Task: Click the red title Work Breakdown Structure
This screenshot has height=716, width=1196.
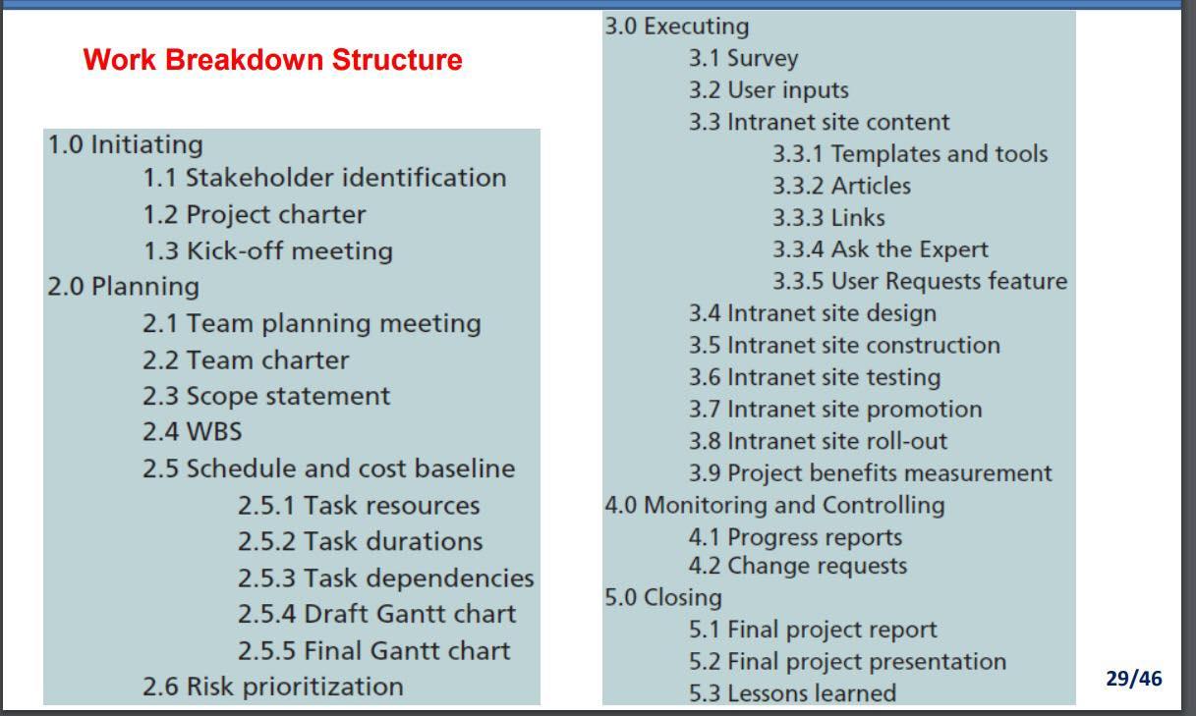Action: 272,60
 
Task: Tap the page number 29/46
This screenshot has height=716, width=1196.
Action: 1133,679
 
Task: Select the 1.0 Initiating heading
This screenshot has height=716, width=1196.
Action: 126,144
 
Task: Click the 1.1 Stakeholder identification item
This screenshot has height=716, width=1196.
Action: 324,178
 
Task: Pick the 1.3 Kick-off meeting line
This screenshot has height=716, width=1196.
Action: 267,250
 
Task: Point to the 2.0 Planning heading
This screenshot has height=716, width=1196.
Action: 123,287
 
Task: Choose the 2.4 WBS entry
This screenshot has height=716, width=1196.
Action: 192,431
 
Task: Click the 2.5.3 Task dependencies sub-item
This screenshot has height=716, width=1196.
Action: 385,578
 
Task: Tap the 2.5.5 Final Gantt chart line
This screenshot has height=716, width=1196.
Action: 373,650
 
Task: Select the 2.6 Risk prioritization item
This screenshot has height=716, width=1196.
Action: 272,686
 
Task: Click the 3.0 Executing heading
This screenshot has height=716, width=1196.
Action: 676,27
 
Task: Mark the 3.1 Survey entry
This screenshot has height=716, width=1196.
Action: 743,58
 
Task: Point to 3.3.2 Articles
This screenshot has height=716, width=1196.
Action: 841,186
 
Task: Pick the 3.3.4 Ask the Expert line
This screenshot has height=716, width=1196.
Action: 880,249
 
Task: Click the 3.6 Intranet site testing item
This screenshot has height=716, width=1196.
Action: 814,377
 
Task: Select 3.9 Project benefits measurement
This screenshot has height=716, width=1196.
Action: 870,472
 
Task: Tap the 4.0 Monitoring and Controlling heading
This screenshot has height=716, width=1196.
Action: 774,505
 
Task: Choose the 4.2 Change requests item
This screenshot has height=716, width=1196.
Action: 797,566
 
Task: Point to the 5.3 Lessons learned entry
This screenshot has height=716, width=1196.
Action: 792,693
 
